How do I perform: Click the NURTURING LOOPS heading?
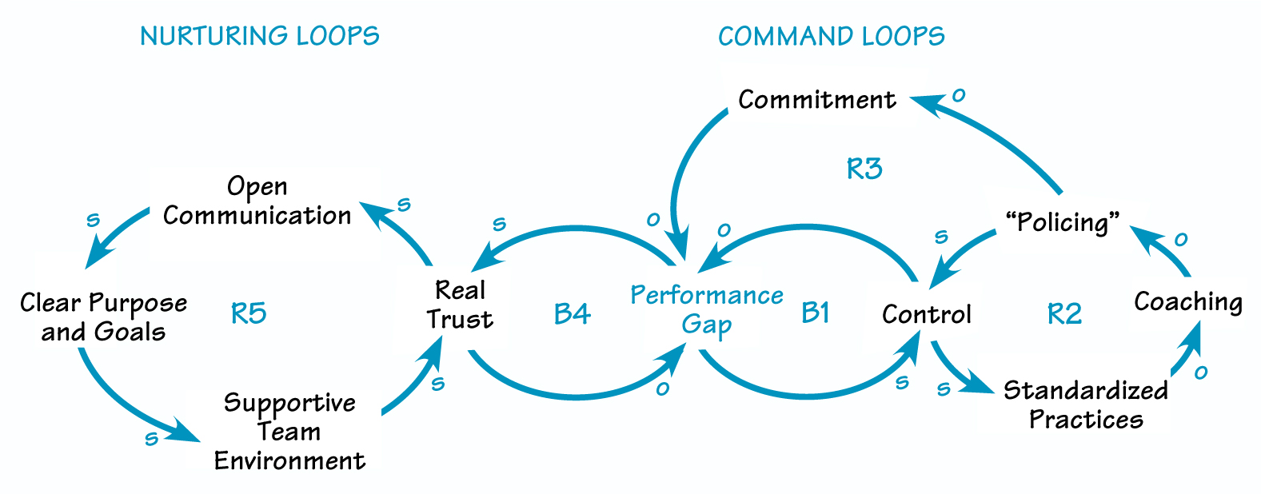[259, 36]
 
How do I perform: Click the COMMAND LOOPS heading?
[831, 36]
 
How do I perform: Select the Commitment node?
[816, 100]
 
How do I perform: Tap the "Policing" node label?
[1063, 221]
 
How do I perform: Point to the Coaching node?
[1188, 301]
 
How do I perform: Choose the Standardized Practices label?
[1085, 404]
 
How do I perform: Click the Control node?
[926, 314]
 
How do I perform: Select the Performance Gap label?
[707, 309]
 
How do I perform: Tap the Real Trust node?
[460, 305]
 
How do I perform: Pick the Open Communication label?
[257, 201]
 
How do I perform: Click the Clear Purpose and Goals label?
[103, 317]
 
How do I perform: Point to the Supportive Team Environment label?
[289, 432]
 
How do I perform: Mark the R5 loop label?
[249, 313]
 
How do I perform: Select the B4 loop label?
[572, 314]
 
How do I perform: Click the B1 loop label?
[816, 313]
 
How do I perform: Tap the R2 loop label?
[1064, 314]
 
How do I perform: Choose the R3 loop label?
[864, 169]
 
